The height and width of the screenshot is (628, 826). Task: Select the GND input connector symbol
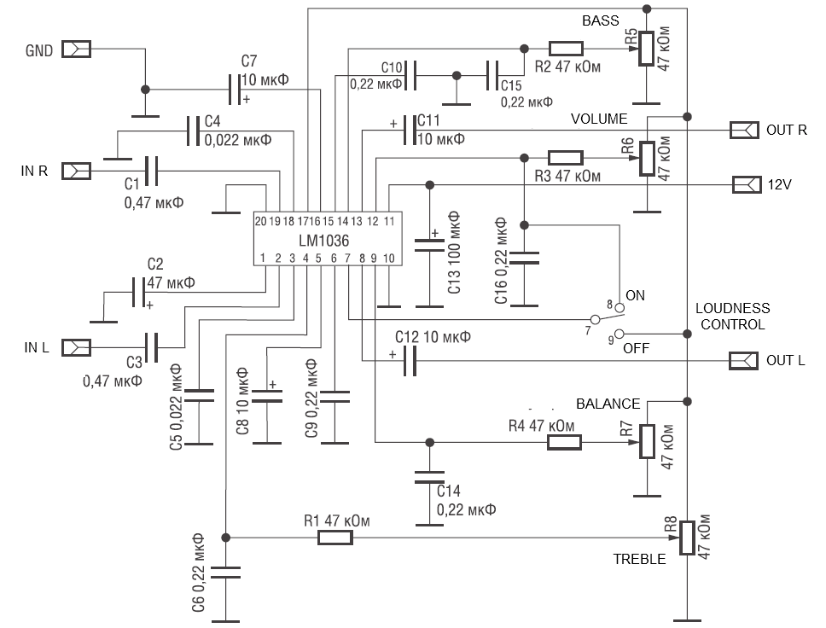(77, 49)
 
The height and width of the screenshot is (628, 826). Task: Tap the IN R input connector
(77, 172)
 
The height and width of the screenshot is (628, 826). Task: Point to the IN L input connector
(77, 347)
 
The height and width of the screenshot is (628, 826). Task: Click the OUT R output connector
(743, 130)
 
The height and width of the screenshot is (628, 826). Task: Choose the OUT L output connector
(743, 361)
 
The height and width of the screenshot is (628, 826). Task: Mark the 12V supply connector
(745, 184)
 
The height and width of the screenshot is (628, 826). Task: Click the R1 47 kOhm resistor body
(334, 538)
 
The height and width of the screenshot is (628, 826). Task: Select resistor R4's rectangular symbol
(564, 442)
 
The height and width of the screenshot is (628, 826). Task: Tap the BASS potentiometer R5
(647, 49)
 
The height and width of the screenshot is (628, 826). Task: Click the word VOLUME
(598, 119)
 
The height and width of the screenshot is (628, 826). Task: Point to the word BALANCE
(608, 404)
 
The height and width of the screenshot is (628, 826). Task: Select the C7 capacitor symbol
(234, 88)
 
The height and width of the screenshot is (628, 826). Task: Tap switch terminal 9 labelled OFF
(620, 334)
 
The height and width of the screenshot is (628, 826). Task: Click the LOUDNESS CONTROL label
(732, 316)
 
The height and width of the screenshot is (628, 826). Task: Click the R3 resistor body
(566, 157)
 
